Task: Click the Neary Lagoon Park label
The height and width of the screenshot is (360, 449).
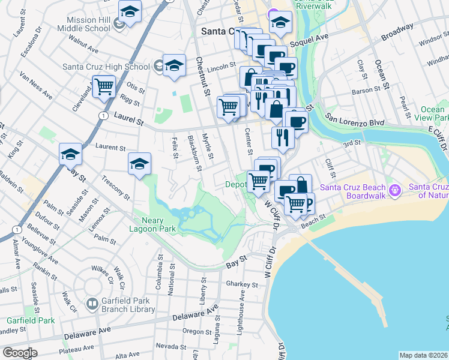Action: [x=151, y=223]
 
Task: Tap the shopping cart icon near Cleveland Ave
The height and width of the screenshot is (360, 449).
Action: [x=104, y=87]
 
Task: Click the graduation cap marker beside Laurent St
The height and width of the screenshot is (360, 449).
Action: [x=70, y=155]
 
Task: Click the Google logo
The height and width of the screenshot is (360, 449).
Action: [x=20, y=353]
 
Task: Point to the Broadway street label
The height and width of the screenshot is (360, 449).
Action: [x=397, y=32]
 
